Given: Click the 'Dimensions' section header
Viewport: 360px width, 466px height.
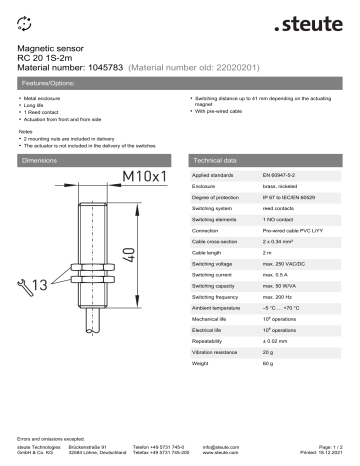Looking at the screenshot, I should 40,160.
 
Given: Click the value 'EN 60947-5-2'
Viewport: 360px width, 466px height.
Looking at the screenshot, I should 283,175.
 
